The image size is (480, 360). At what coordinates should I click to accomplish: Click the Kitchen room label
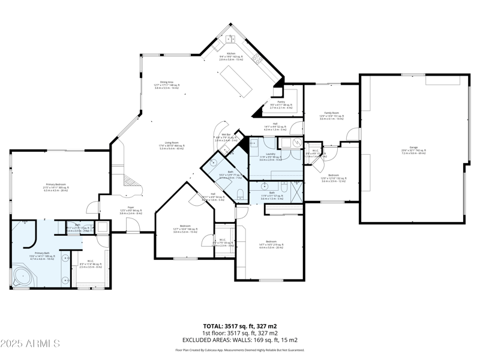tap(231, 53)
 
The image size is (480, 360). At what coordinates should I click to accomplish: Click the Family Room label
tap(332, 113)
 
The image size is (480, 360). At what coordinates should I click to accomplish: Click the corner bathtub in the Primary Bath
tap(24, 278)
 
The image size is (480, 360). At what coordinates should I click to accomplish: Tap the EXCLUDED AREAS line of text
tap(239, 340)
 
